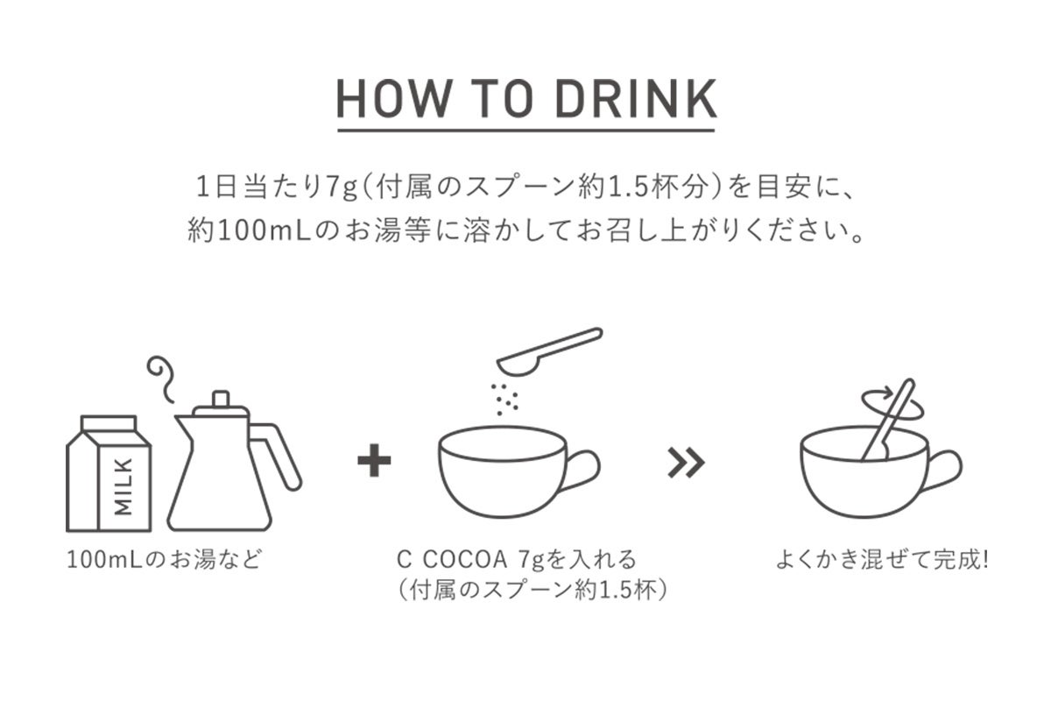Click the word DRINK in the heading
click(636, 99)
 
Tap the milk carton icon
click(109, 473)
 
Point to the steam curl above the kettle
click(160, 379)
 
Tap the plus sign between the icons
click(374, 460)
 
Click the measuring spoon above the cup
click(549, 351)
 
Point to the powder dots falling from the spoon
click(504, 400)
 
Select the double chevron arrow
click(687, 463)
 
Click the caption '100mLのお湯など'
click(164, 560)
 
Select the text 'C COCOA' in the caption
click(453, 559)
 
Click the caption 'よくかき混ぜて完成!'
click(883, 560)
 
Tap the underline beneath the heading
click(526, 130)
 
